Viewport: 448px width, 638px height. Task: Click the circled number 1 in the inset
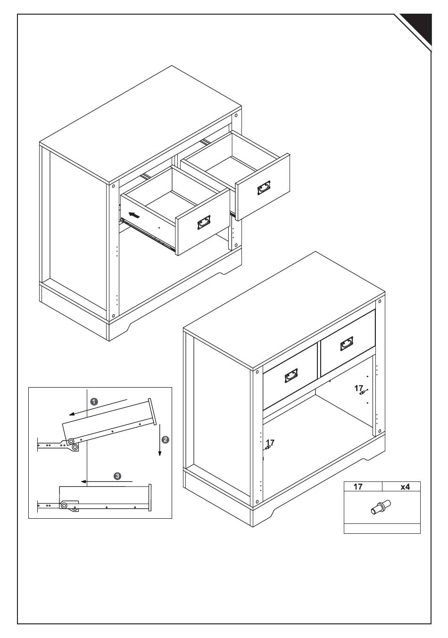[94, 401]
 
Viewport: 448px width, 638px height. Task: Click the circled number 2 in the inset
[165, 439]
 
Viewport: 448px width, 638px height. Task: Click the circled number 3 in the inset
[117, 476]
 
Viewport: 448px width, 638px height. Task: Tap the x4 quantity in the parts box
[405, 487]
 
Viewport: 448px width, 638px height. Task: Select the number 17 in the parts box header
[358, 487]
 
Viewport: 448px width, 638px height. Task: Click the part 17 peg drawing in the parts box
[381, 508]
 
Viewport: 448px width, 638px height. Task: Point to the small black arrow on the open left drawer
[134, 215]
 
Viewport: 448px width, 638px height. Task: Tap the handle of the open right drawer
[265, 188]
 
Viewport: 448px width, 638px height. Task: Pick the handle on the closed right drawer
[347, 344]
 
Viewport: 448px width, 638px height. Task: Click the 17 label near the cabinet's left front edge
[270, 443]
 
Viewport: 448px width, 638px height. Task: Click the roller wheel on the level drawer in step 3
[64, 506]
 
